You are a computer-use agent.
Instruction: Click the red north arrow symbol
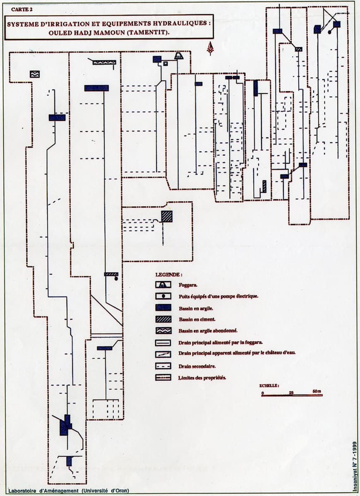[x=211, y=48]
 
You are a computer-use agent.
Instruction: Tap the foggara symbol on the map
[x=179, y=56]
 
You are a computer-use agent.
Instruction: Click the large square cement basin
[x=167, y=216]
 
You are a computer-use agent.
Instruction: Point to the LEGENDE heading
[x=169, y=275]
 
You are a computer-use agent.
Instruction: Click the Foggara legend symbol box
[x=163, y=285]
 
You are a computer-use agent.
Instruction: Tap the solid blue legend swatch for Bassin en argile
[x=163, y=308]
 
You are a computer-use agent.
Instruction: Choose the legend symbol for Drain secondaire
[x=163, y=366]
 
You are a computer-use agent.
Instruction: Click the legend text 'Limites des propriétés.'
[x=202, y=378]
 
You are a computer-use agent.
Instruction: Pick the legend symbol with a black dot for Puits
[x=163, y=296]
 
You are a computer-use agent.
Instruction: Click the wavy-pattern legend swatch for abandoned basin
[x=163, y=331]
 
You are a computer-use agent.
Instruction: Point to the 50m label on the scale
[x=317, y=391]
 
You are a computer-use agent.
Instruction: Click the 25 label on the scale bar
[x=291, y=392]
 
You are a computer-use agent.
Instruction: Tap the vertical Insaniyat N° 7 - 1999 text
[x=355, y=466]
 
